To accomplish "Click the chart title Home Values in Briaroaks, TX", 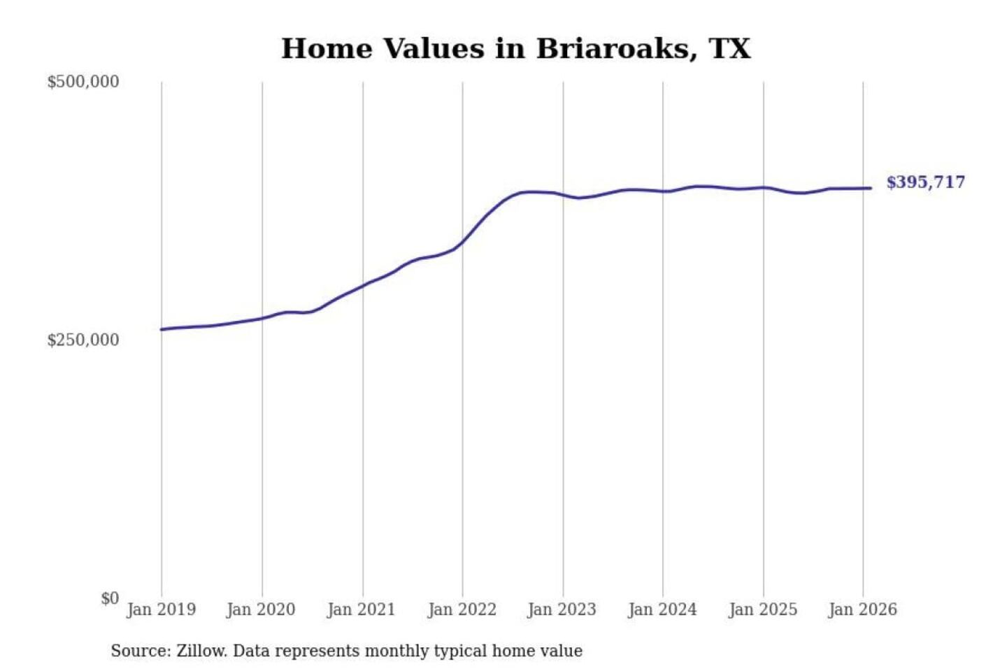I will [516, 49].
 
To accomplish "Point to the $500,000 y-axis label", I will [83, 82].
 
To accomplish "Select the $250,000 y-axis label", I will [83, 340].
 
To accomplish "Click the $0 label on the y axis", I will [110, 598].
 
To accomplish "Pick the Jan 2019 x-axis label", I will [162, 609].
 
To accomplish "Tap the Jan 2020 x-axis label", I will [262, 609].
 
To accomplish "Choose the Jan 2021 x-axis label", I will [362, 609].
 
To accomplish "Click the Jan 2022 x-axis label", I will [462, 609].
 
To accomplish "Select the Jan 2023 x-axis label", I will [562, 609].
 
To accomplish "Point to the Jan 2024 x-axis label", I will [663, 609].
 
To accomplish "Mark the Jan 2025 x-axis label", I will [763, 609].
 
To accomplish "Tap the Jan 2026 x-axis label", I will [863, 609].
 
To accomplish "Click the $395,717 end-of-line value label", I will [926, 182].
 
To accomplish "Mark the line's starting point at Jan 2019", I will [162, 329].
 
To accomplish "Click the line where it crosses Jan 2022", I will [462, 243].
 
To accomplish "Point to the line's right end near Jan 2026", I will [870, 188].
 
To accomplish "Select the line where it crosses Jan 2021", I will [362, 285].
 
